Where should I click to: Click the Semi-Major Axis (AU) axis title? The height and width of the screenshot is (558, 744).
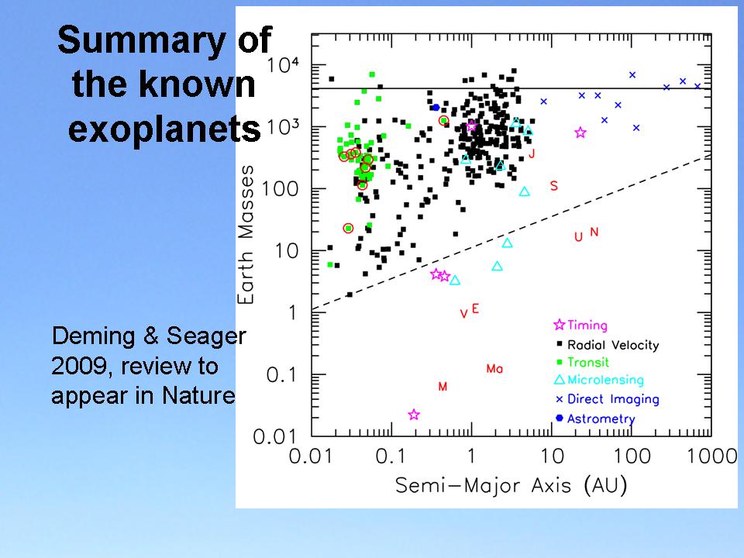[511, 486]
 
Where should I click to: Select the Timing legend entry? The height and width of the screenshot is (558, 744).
[587, 326]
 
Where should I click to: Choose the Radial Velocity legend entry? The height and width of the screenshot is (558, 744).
[612, 345]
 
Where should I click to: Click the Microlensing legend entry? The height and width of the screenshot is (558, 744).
[605, 381]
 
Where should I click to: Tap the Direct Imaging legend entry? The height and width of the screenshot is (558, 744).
[612, 400]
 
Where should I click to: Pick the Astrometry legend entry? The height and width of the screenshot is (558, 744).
[601, 419]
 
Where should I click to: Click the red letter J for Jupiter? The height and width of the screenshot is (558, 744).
[532, 154]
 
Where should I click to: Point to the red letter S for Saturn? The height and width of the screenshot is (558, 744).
[554, 186]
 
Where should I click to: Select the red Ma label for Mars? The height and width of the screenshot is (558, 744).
[494, 369]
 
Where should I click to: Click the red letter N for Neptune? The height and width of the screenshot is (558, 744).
[594, 232]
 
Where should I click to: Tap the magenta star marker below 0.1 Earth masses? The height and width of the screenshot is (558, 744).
[414, 415]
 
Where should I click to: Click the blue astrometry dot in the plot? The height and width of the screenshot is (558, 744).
[436, 108]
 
